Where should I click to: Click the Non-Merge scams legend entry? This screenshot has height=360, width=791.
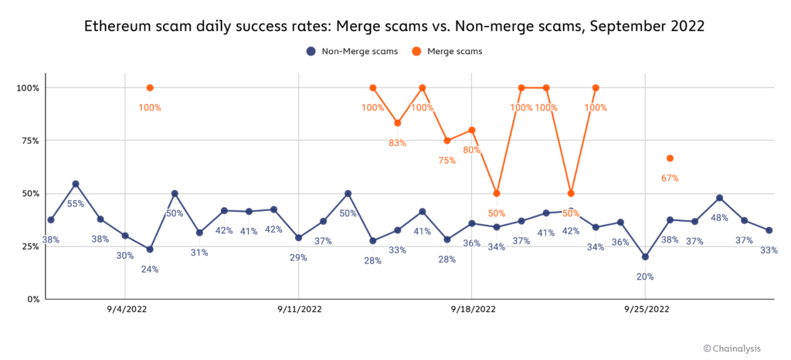point(351,52)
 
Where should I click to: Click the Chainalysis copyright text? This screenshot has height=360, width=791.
point(735,349)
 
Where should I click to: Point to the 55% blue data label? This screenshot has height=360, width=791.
point(75,203)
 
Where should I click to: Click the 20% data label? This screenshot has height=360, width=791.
point(645,277)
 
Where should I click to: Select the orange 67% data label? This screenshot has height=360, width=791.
point(670,178)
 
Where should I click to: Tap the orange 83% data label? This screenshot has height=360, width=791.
point(398,143)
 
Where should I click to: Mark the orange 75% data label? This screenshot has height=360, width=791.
point(447,161)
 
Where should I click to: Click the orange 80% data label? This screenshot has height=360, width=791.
point(471,150)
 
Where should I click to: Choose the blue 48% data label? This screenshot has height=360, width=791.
point(719,218)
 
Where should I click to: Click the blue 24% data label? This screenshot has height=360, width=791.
point(150,269)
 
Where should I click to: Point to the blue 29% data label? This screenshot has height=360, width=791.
point(299,257)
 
